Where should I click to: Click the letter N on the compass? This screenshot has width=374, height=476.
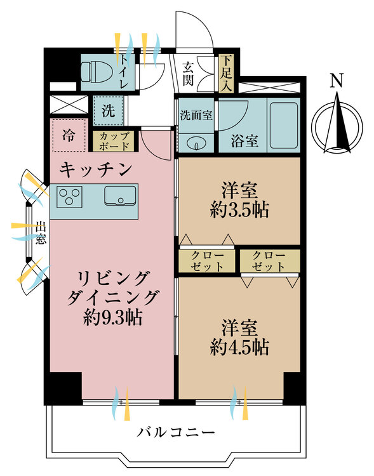[x=338, y=81]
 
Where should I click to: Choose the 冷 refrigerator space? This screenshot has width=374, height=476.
[x=67, y=135]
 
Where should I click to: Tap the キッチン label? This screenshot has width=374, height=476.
[x=95, y=169]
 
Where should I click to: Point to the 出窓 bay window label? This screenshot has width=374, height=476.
[x=40, y=232]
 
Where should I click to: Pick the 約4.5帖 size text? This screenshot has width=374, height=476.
[x=239, y=347]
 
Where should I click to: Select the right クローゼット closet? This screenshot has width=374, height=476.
[x=269, y=261]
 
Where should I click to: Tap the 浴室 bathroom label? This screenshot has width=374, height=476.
[x=244, y=141]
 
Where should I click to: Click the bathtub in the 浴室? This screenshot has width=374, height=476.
[x=283, y=121]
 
